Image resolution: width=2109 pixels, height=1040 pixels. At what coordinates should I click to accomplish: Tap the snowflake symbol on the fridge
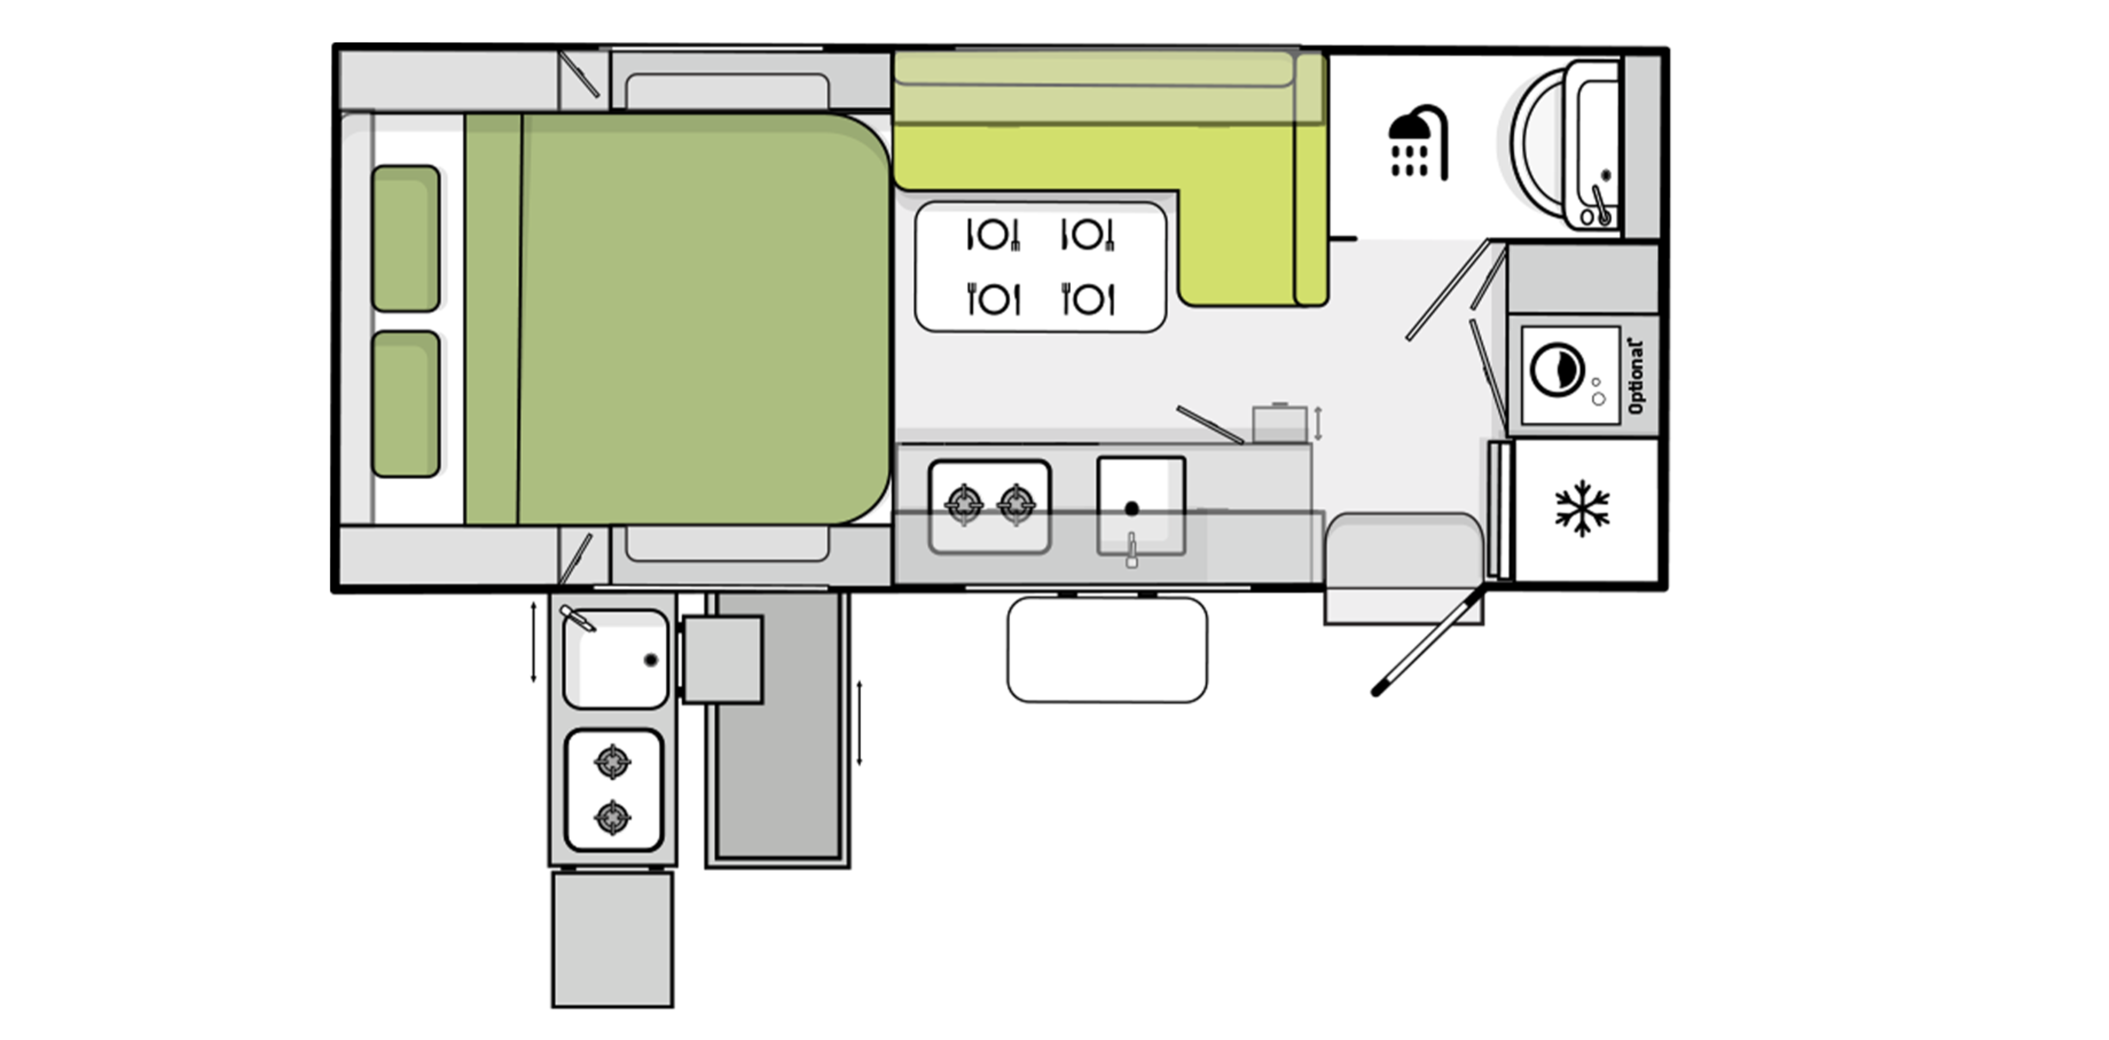click(x=1582, y=508)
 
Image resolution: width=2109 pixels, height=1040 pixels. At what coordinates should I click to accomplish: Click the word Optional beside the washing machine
click(x=1636, y=376)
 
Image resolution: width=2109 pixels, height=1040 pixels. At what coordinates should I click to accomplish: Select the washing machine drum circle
click(x=1556, y=370)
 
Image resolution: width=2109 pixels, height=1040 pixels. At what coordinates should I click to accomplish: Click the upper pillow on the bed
click(x=406, y=238)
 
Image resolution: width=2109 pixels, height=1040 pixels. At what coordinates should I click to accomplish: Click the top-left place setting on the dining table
click(x=993, y=235)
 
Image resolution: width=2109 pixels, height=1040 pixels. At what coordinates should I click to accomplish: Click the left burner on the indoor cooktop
click(x=964, y=503)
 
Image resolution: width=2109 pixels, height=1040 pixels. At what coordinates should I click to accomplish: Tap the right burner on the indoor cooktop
click(x=1017, y=503)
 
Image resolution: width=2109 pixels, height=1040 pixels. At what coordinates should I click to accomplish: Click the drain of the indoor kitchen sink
click(x=1131, y=509)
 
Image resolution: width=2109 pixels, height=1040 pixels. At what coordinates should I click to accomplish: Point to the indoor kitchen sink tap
click(x=1131, y=550)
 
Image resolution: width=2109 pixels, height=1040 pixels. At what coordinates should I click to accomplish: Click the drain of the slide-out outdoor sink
click(x=651, y=660)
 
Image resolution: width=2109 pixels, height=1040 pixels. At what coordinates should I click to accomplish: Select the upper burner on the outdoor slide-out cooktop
click(x=612, y=763)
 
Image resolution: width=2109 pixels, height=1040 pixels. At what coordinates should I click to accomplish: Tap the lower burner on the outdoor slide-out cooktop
click(x=612, y=817)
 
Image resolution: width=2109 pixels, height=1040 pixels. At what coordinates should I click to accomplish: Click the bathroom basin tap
click(x=1600, y=205)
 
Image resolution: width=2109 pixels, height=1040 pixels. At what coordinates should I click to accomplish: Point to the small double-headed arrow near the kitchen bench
click(x=1318, y=423)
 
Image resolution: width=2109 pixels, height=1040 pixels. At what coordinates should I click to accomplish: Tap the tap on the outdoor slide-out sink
click(x=577, y=619)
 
